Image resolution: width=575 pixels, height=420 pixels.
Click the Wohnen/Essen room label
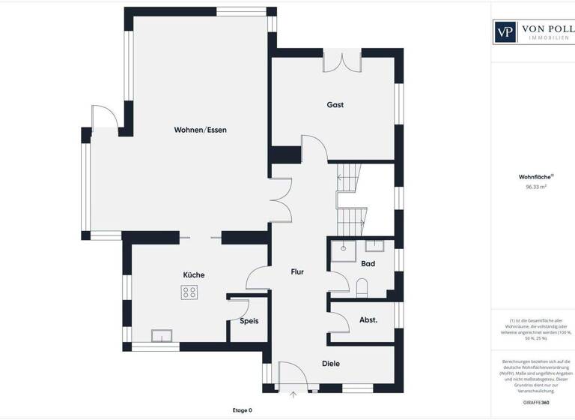tap(200, 130)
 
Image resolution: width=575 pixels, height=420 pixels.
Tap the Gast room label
tap(335, 105)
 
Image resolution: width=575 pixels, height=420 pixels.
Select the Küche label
tap(193, 274)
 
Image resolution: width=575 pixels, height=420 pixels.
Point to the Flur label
tap(297, 272)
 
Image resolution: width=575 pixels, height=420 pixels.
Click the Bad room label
tap(368, 264)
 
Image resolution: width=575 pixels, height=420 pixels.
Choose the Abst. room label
tap(368, 319)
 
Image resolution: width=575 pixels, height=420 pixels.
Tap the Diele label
tap(330, 364)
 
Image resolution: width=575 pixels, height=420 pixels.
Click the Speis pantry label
tap(249, 321)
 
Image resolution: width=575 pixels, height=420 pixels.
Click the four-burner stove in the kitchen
tap(189, 292)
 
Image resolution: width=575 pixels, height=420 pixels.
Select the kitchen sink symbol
tap(162, 335)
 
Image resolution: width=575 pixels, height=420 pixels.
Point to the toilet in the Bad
tap(362, 286)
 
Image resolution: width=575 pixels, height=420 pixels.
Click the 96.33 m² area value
tap(536, 187)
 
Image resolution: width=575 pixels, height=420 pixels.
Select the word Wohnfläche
tap(535, 177)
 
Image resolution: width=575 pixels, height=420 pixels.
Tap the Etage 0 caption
tap(242, 410)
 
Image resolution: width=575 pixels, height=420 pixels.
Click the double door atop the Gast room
tap(343, 62)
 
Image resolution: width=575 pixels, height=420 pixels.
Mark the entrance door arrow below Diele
tap(293, 392)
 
